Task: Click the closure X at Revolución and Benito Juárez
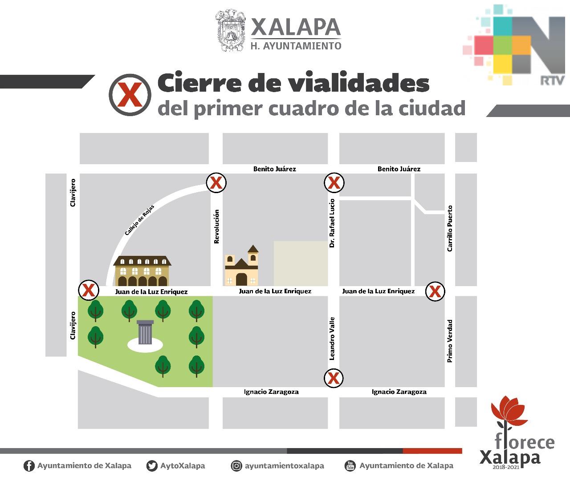(x=216, y=182)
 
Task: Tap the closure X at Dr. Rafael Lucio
(x=334, y=182)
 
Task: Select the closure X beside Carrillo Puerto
(x=435, y=292)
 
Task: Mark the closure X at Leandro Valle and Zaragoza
(x=334, y=378)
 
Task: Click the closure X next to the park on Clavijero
(x=88, y=291)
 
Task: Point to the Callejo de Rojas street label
(x=139, y=219)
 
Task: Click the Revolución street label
(x=217, y=226)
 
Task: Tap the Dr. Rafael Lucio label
(x=332, y=223)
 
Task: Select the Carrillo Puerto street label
(x=450, y=228)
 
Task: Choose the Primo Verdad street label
(x=450, y=340)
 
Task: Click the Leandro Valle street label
(x=332, y=338)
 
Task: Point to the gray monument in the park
(x=145, y=332)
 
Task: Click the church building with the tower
(x=241, y=267)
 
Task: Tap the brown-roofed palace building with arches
(x=142, y=271)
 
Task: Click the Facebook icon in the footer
(x=29, y=466)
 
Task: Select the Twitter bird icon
(x=152, y=466)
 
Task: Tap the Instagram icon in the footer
(x=236, y=466)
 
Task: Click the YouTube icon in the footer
(x=350, y=466)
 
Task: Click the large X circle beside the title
(x=130, y=95)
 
